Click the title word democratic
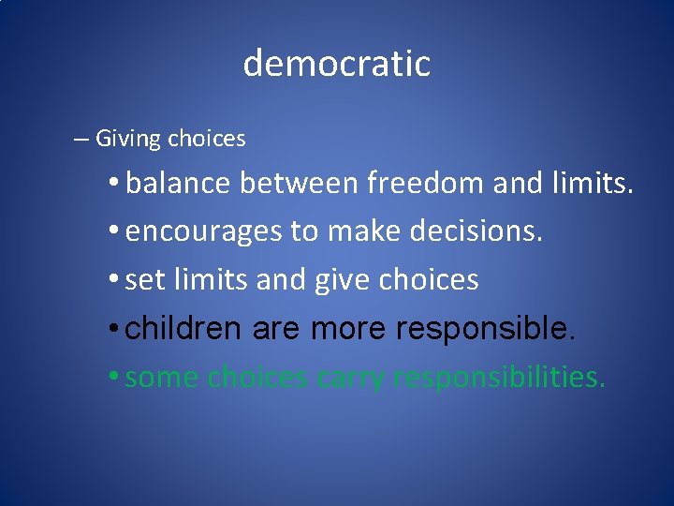[336, 64]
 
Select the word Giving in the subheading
[129, 140]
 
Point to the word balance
[178, 183]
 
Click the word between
[300, 183]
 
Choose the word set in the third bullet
[143, 280]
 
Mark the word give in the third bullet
[353, 280]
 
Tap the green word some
[162, 378]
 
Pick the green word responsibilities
[500, 378]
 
